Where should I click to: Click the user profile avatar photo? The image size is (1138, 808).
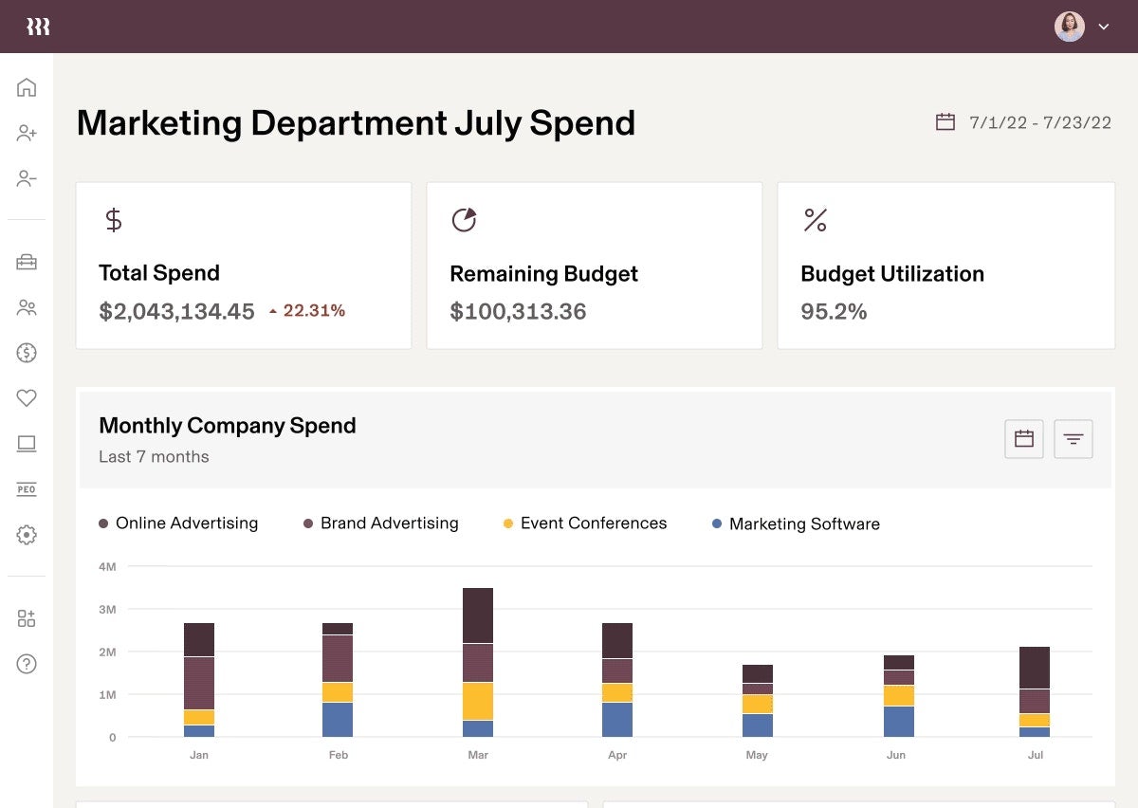pyautogui.click(x=1069, y=27)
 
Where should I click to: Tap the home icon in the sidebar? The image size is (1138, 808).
pyautogui.click(x=27, y=87)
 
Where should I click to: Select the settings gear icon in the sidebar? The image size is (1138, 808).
pyautogui.click(x=27, y=535)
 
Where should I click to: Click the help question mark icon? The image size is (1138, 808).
pyautogui.click(x=27, y=664)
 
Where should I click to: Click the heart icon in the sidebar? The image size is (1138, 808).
pyautogui.click(x=27, y=398)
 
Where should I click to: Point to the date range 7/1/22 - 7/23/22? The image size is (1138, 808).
pyautogui.click(x=1039, y=122)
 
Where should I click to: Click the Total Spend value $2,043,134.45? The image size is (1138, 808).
pyautogui.click(x=176, y=311)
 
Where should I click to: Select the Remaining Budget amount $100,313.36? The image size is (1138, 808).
pyautogui.click(x=518, y=311)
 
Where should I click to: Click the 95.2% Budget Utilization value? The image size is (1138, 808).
pyautogui.click(x=834, y=311)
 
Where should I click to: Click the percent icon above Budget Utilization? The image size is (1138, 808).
pyautogui.click(x=815, y=220)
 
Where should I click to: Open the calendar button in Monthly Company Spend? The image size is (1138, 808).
pyautogui.click(x=1023, y=439)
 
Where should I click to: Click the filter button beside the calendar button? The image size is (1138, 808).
pyautogui.click(x=1074, y=439)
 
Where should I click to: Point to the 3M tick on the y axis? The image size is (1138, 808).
pyautogui.click(x=107, y=609)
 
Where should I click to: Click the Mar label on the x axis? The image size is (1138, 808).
pyautogui.click(x=478, y=755)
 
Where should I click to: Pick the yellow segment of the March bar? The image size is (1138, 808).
pyautogui.click(x=478, y=701)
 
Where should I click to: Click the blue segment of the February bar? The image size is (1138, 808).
pyautogui.click(x=338, y=720)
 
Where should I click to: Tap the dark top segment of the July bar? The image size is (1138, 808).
pyautogui.click(x=1035, y=668)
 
